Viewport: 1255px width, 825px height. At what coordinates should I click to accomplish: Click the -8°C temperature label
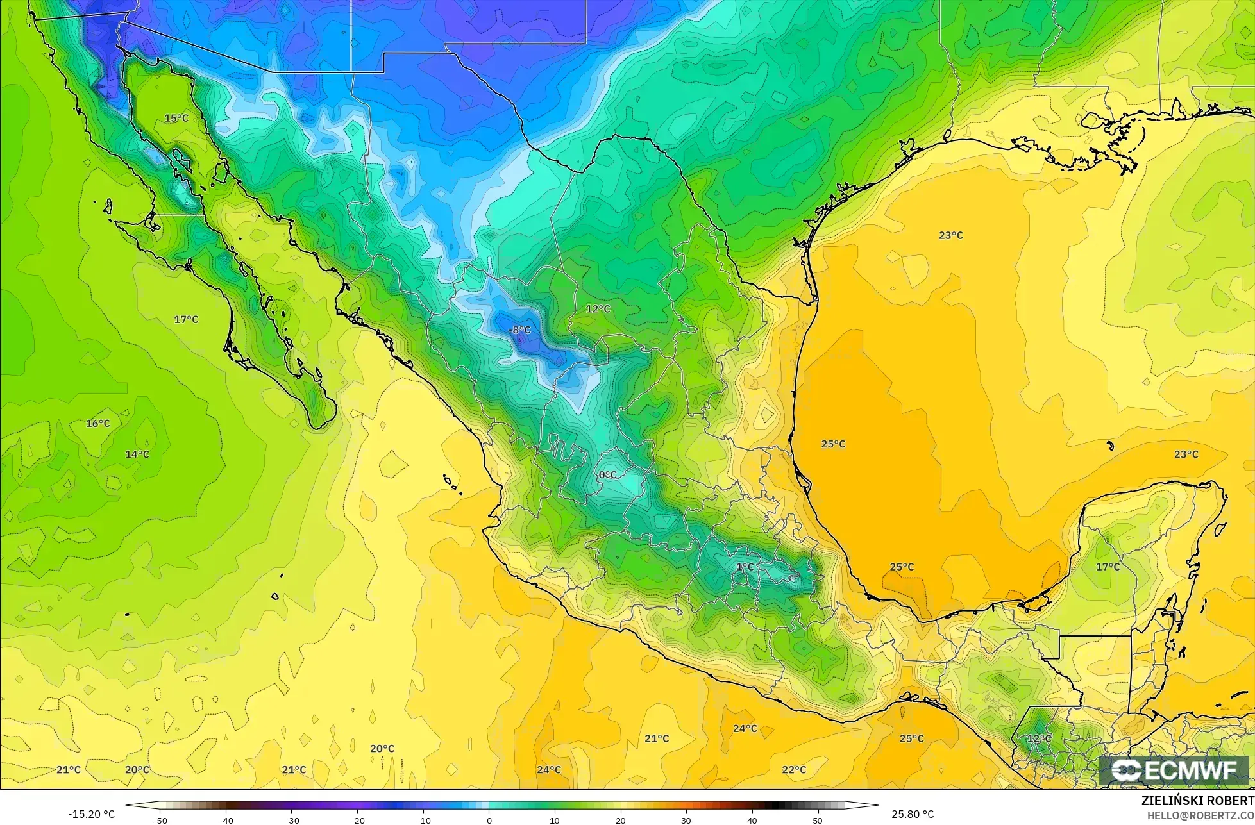tap(519, 330)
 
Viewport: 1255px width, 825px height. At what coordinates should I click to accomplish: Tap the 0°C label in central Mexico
tap(607, 475)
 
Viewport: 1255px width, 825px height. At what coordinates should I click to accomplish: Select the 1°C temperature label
tap(745, 567)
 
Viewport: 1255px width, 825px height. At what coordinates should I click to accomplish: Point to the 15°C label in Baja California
tap(176, 119)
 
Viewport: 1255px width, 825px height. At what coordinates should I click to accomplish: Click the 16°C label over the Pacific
tap(98, 424)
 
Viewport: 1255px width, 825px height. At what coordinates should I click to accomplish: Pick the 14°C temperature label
tap(137, 454)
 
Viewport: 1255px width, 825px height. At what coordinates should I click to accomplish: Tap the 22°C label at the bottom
tap(794, 770)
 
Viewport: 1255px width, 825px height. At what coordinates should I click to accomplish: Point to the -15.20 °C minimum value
tap(91, 814)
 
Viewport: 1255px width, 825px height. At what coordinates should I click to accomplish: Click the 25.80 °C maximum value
tap(912, 814)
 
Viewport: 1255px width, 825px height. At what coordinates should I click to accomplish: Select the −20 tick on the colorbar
tap(357, 820)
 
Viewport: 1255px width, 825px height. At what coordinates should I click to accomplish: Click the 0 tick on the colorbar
tap(489, 820)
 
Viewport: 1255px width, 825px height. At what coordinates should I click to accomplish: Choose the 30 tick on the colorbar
tap(686, 820)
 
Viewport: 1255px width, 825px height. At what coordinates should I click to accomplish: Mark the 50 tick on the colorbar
tap(817, 820)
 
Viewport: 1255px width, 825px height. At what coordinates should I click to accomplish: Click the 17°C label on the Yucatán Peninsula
tap(1108, 567)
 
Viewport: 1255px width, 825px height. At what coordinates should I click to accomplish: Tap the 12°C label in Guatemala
tap(1039, 738)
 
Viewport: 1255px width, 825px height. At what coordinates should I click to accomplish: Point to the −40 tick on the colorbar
tap(226, 820)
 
